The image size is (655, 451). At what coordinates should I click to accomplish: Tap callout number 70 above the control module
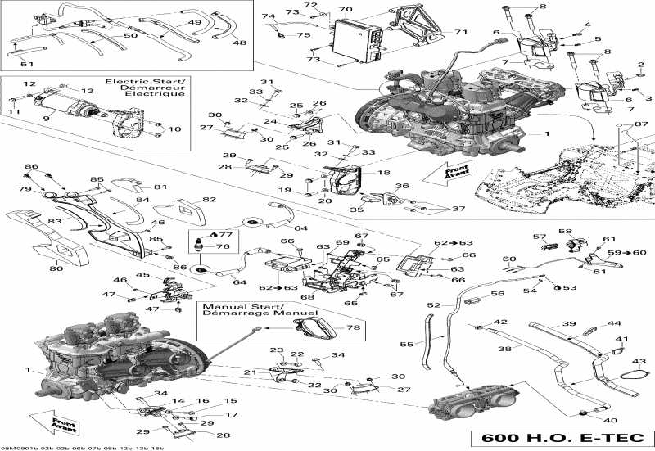click(346, 11)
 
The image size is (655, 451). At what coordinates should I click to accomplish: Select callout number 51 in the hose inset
click(27, 64)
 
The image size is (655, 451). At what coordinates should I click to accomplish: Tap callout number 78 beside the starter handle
click(353, 327)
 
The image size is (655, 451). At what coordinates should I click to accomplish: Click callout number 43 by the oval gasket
click(639, 361)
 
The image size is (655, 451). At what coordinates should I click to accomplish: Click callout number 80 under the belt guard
click(56, 268)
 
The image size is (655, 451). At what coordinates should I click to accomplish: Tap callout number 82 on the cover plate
click(209, 200)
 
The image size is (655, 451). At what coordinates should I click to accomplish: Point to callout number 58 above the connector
click(565, 232)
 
